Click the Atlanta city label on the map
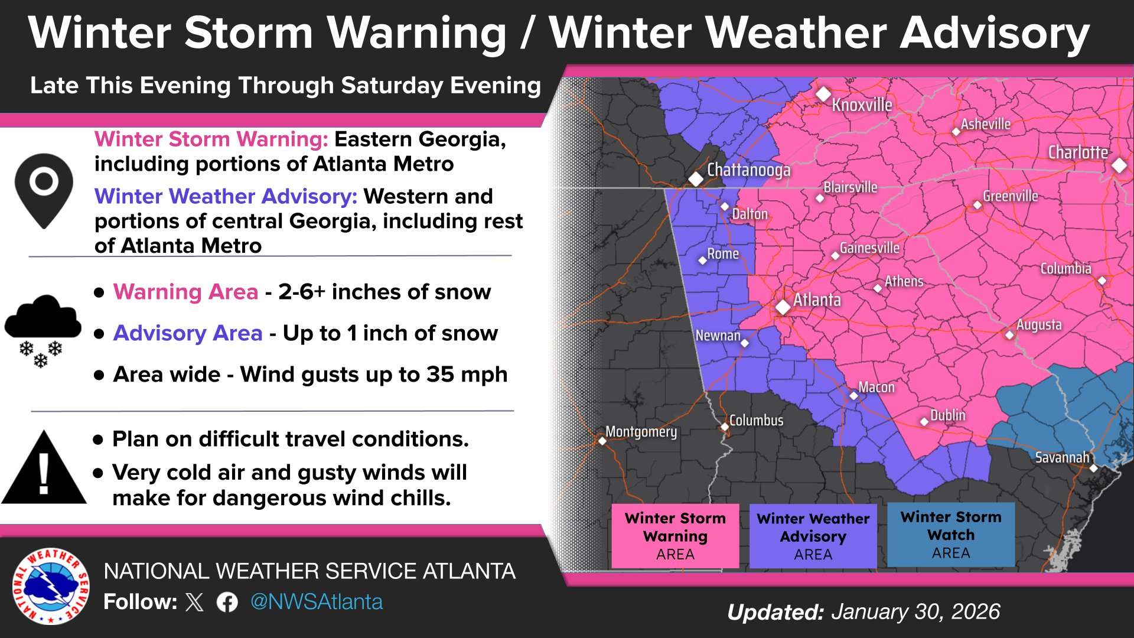[x=817, y=300]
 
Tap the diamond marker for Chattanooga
[x=696, y=178]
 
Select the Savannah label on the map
[x=1062, y=457]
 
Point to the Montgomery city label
[x=641, y=432]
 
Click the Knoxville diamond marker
[x=823, y=94]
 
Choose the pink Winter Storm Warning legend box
[x=675, y=536]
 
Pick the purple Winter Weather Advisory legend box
[x=813, y=536]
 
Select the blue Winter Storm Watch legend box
[x=951, y=535]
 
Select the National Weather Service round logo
[x=51, y=586]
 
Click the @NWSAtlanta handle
[x=317, y=602]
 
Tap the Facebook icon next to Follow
[x=227, y=603]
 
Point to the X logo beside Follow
[x=194, y=603]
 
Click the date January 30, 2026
[x=915, y=612]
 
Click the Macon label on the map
[x=876, y=388]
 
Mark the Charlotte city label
[x=1078, y=152]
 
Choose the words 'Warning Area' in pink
[x=185, y=292]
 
